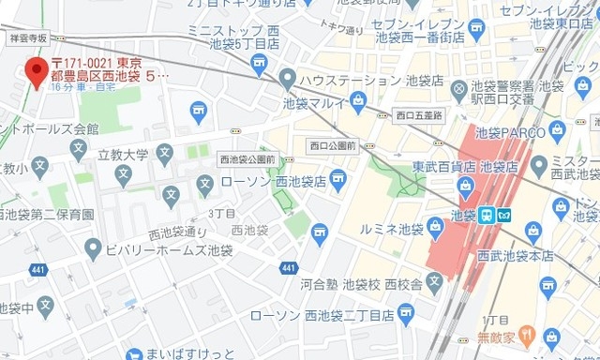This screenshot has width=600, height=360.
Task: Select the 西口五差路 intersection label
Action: [x=417, y=117]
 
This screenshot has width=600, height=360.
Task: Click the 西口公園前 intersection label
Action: [x=333, y=145]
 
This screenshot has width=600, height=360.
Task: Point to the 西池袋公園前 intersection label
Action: [x=247, y=159]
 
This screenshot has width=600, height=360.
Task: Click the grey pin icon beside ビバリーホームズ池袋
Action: [x=92, y=249]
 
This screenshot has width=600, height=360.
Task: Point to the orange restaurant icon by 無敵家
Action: [x=526, y=332]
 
